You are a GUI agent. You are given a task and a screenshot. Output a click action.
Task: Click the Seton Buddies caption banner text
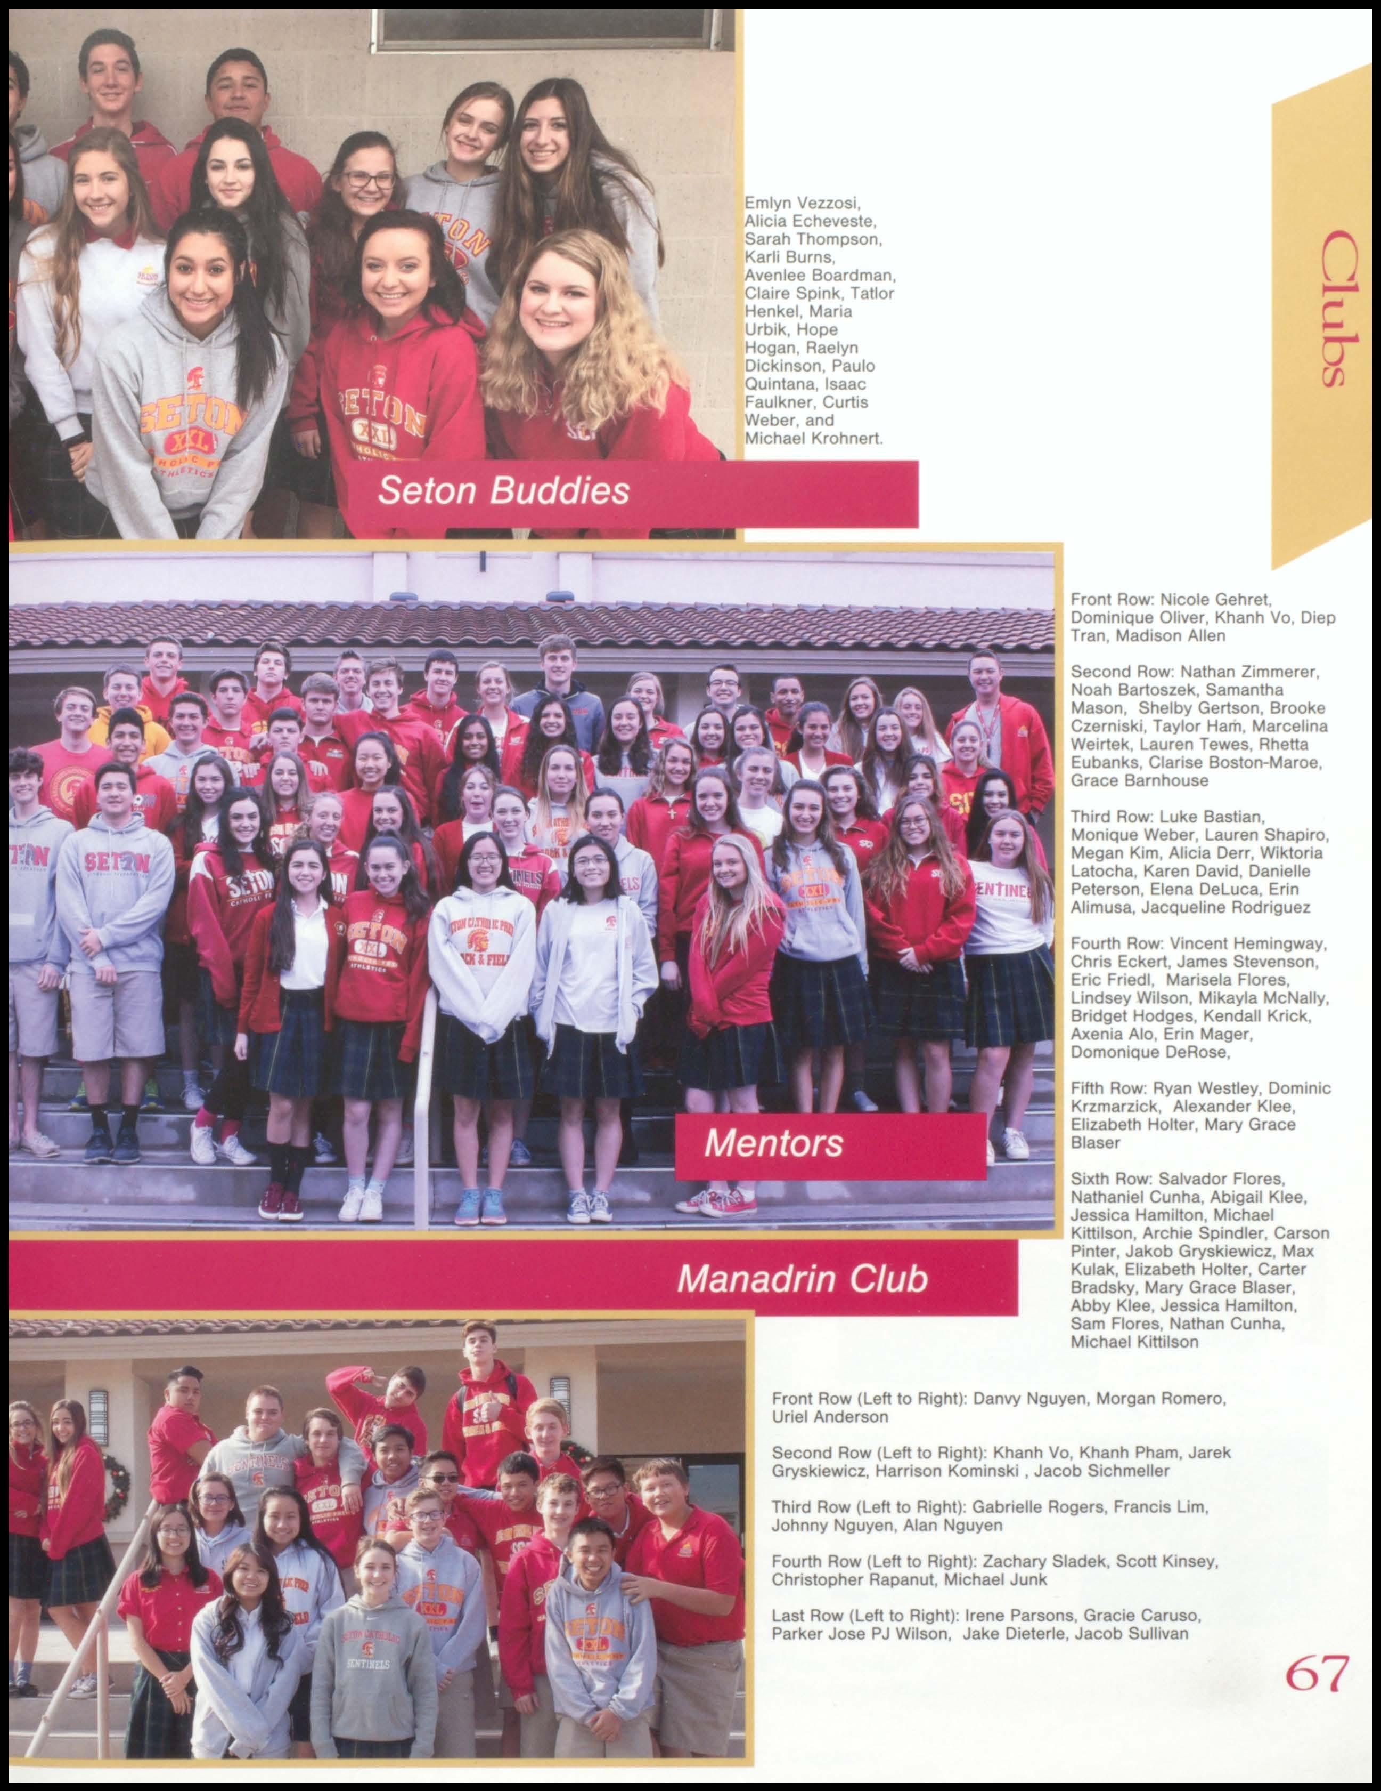503,490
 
